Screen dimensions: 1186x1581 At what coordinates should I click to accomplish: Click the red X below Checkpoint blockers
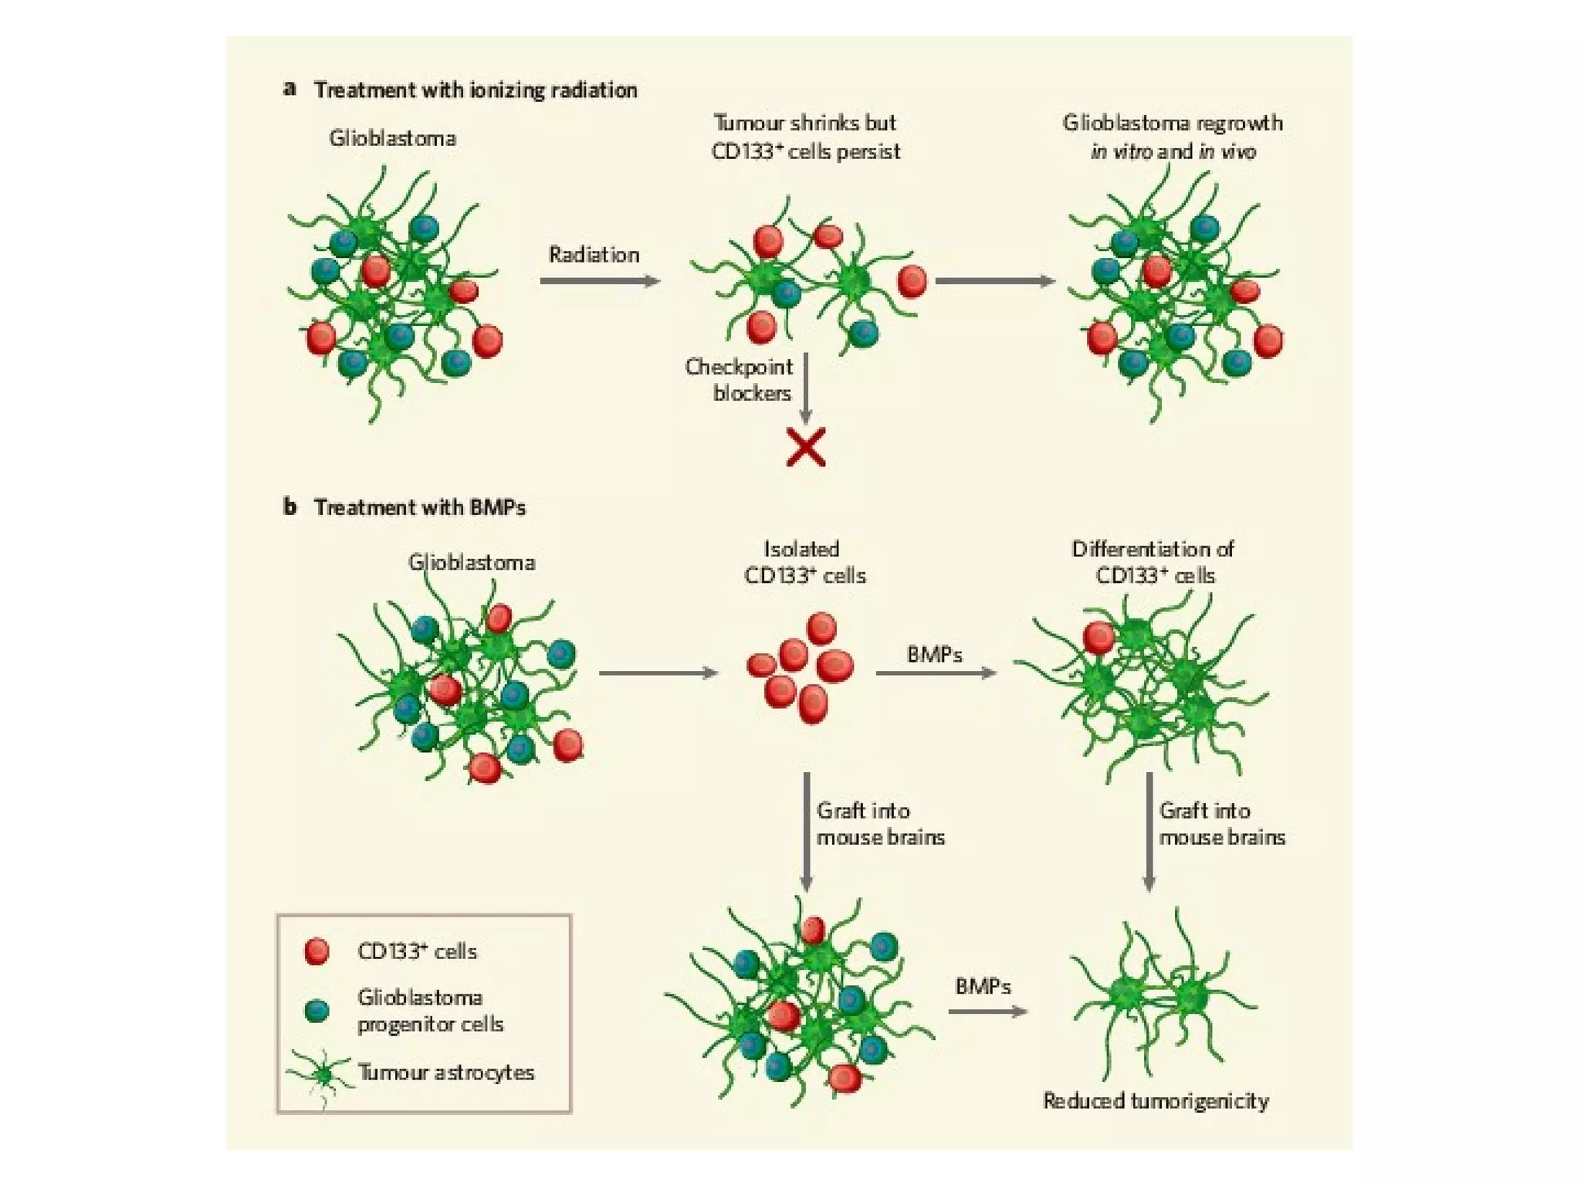point(805,447)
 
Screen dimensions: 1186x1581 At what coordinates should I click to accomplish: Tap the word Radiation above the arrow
point(594,255)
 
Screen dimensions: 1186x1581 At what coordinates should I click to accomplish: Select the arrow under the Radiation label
point(600,281)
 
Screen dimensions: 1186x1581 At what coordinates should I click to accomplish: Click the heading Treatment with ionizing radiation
point(475,90)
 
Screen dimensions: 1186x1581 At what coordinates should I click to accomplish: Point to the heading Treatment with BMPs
point(419,507)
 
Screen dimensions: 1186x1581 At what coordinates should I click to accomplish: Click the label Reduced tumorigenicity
point(1156,1100)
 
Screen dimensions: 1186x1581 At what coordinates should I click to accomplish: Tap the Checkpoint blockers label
point(739,380)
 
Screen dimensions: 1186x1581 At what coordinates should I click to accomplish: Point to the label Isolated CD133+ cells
point(804,562)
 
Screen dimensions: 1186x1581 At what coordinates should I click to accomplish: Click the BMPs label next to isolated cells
point(934,655)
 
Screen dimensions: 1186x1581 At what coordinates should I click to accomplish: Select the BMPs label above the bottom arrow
point(983,986)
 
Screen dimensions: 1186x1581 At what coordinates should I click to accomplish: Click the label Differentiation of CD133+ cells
point(1153,562)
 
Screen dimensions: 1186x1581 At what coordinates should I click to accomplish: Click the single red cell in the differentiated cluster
point(1099,638)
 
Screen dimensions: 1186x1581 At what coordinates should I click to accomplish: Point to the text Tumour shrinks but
point(804,124)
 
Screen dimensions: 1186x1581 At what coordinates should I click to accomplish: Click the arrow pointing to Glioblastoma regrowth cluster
point(994,281)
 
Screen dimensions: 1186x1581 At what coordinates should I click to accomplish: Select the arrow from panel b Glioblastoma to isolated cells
point(658,673)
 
